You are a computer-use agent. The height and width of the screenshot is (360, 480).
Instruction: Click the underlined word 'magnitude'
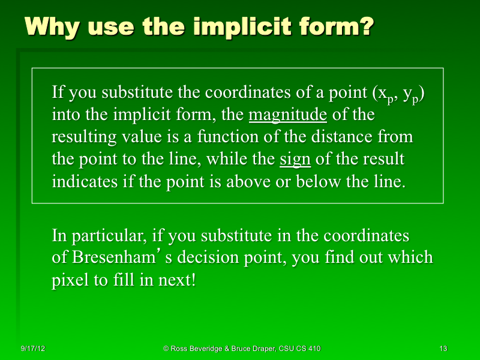[287, 115]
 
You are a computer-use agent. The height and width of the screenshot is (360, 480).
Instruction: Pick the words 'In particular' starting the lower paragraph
[95, 235]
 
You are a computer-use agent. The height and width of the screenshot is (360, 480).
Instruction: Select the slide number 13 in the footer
[443, 348]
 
